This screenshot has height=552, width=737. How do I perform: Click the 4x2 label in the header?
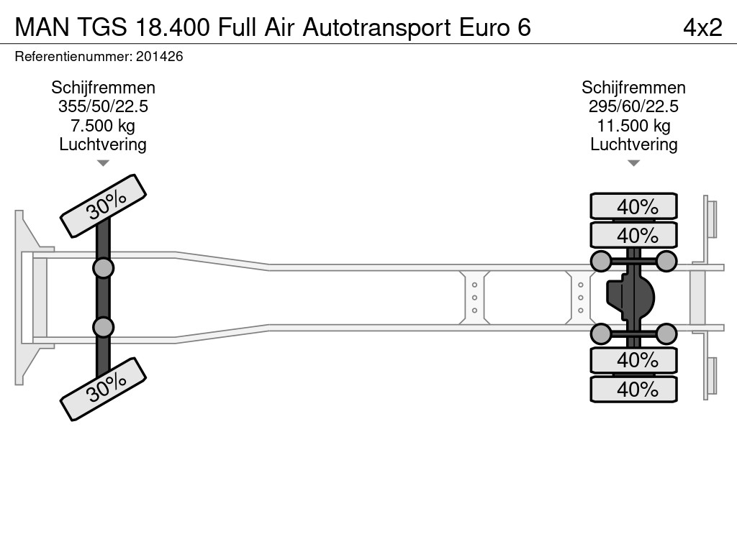(x=702, y=27)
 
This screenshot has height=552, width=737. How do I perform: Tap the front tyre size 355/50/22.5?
(x=103, y=106)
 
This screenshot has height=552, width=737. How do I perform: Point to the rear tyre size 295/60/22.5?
(x=633, y=106)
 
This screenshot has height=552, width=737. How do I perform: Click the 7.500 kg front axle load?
(x=103, y=126)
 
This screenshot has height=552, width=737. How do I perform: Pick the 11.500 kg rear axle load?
(x=633, y=126)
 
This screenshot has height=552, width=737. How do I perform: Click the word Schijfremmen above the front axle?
(x=103, y=88)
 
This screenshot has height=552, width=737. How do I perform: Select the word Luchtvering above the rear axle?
(x=633, y=144)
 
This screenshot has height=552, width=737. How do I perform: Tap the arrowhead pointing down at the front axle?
(x=103, y=163)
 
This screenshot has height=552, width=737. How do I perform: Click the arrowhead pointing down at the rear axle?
(x=633, y=163)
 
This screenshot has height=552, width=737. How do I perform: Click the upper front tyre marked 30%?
(x=103, y=206)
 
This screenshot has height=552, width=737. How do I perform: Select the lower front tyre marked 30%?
(x=103, y=389)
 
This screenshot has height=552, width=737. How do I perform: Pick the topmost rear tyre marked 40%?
(x=633, y=206)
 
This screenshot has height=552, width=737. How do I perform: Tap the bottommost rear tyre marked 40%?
(x=633, y=389)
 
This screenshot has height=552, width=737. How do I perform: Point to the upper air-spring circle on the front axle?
(x=103, y=268)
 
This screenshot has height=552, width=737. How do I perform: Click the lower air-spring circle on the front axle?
(x=103, y=327)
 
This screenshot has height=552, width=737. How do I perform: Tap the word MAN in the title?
(x=42, y=27)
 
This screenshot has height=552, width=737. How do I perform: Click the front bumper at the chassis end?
(x=24, y=298)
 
